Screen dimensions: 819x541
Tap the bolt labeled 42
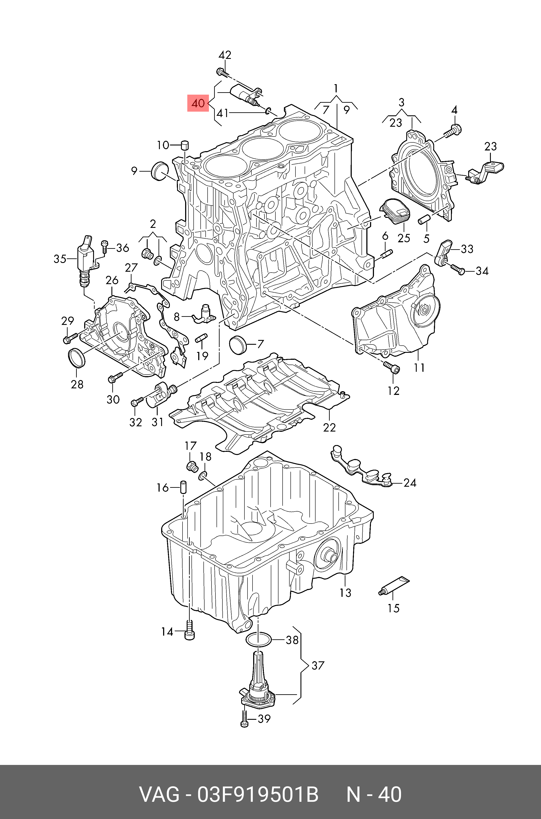[222, 72]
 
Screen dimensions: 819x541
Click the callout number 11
[419, 368]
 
